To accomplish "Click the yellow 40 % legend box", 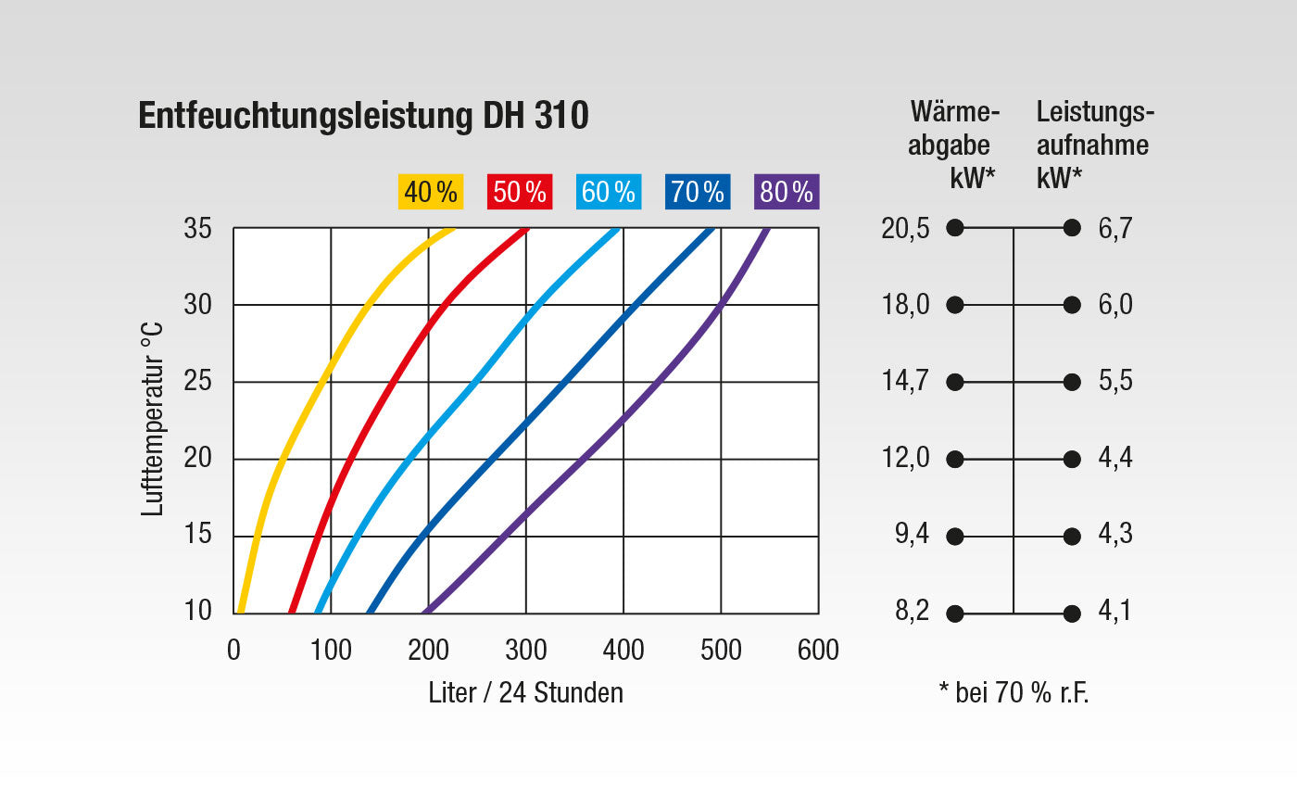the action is point(430,192).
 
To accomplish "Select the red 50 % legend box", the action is point(520,192).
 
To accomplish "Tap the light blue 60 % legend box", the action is point(609,192).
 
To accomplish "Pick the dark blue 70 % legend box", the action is point(698,192).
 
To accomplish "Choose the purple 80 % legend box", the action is point(787,192).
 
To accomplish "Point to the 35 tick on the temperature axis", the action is point(197,228).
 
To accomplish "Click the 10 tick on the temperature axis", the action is point(197,611).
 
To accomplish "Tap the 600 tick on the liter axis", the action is point(818,650).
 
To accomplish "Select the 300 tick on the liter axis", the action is point(526,650).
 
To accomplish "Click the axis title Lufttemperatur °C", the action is point(152,419).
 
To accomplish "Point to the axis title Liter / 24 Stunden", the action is point(526,693).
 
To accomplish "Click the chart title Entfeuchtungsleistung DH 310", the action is point(363,115).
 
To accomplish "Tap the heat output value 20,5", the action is point(905,229).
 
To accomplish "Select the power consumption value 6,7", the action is point(1115,229).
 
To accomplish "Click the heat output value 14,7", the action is point(905,382).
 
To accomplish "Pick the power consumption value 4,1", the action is point(1114,611).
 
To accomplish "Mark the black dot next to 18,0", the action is point(955,305).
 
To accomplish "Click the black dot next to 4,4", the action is point(1072,460).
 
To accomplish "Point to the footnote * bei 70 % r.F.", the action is point(1014,693).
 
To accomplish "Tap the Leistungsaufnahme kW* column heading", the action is point(1094,145).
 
